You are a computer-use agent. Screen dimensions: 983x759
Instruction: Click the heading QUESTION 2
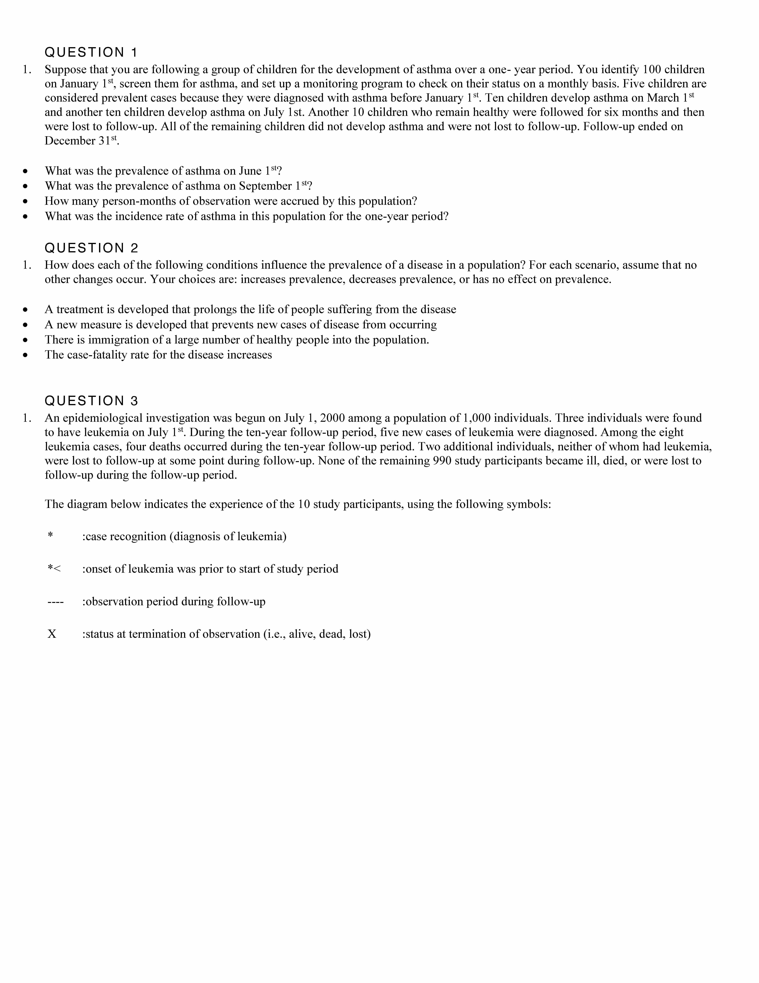click(91, 248)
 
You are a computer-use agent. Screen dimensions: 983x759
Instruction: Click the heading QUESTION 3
click(91, 401)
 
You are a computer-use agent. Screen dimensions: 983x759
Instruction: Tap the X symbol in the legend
click(52, 634)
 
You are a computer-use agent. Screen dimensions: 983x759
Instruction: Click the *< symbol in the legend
click(54, 569)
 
